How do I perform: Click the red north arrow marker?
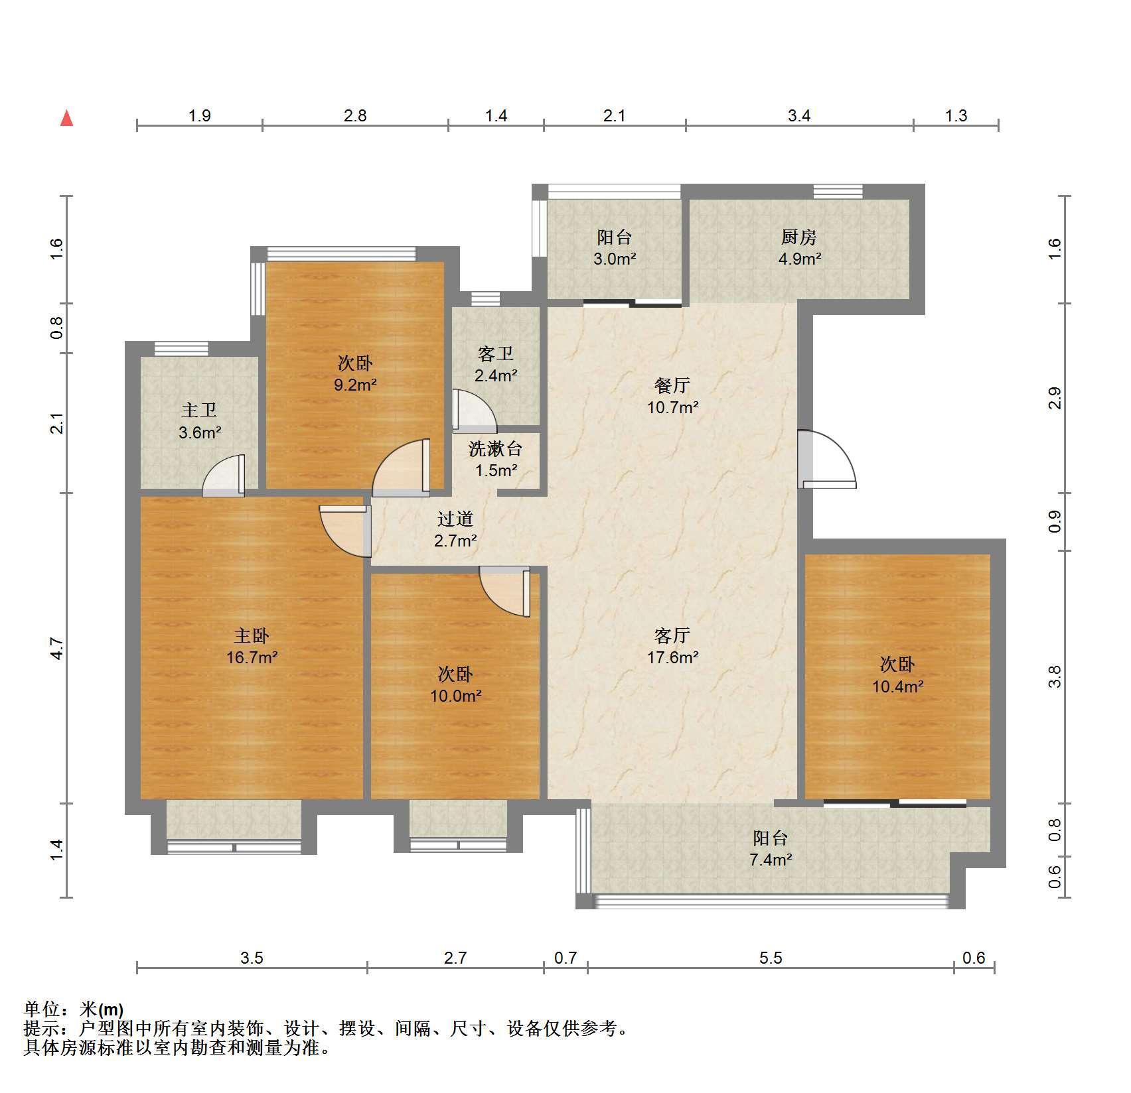tap(66, 118)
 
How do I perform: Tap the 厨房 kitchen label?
tap(799, 237)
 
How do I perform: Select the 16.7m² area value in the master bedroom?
tap(252, 658)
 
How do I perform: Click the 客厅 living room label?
tap(672, 635)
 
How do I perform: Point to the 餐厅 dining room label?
tap(672, 385)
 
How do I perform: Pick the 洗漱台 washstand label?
tap(496, 449)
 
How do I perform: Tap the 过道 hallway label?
tap(455, 519)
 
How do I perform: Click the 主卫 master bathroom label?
tap(199, 411)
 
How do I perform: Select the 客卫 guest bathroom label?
tap(496, 354)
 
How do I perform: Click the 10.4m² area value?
tap(897, 686)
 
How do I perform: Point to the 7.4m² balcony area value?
tap(771, 860)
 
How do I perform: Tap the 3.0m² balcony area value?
tap(615, 259)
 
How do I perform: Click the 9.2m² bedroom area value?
tap(356, 385)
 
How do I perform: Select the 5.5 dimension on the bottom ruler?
tap(771, 958)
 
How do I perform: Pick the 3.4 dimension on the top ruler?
tap(799, 116)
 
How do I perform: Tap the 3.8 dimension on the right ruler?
tap(1055, 677)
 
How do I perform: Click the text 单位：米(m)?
tap(73, 1010)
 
